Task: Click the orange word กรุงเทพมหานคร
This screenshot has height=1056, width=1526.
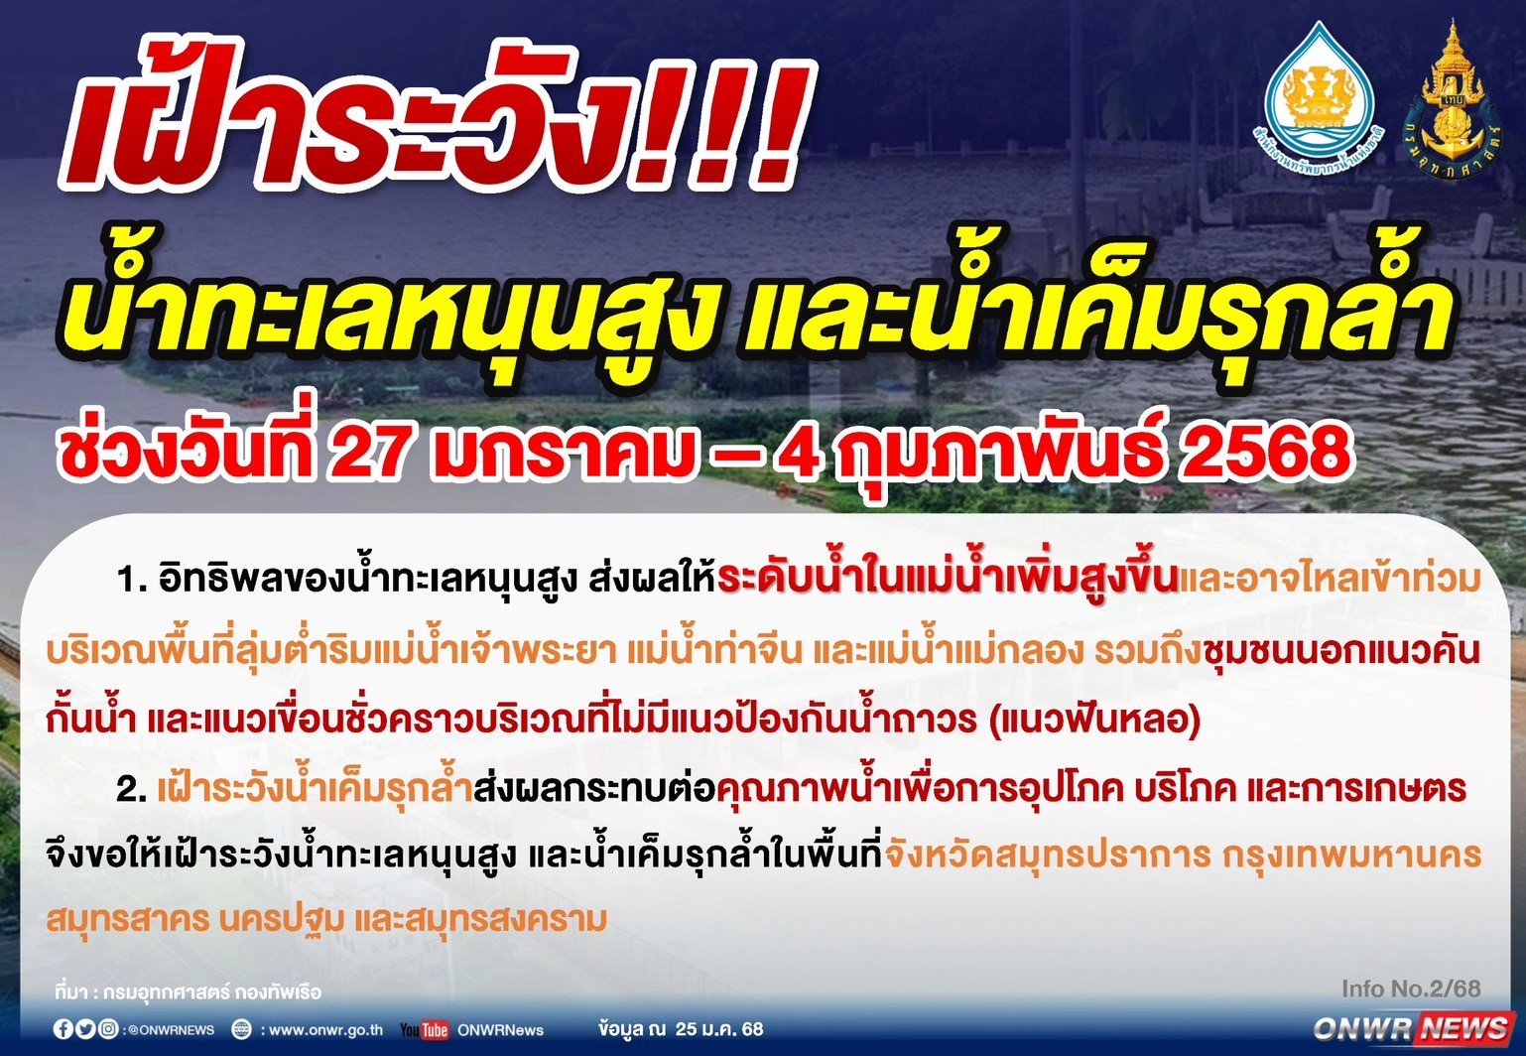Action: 1352,855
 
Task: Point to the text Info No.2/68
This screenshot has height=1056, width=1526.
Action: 1411,989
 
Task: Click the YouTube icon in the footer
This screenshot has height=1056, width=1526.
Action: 424,1029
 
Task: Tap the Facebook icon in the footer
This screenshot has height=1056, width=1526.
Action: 64,1029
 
